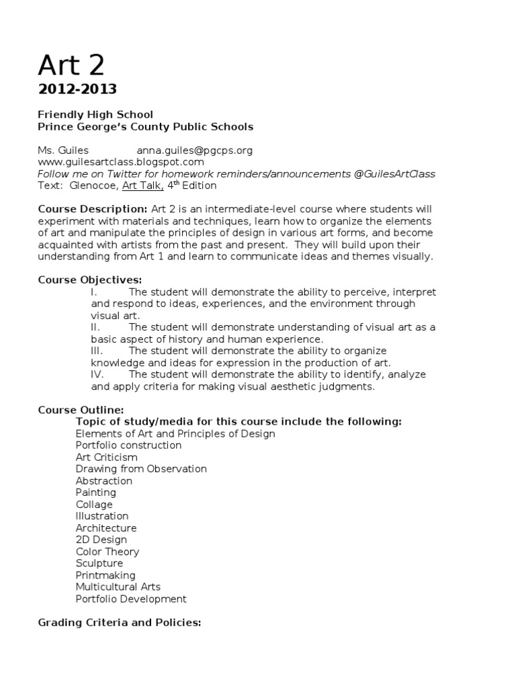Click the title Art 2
(71, 65)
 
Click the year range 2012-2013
(77, 89)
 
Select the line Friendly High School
(95, 114)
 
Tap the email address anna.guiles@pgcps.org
(194, 150)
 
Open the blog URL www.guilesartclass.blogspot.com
(121, 162)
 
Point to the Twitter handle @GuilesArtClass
(394, 174)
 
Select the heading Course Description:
(93, 209)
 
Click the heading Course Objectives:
(90, 279)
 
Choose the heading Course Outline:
(81, 410)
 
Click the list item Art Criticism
(107, 457)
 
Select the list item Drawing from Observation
(141, 469)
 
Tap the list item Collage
(94, 505)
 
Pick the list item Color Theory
(107, 552)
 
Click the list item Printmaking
(105, 575)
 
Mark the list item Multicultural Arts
(118, 587)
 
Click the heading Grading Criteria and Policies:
(120, 623)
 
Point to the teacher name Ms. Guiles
(63, 150)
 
